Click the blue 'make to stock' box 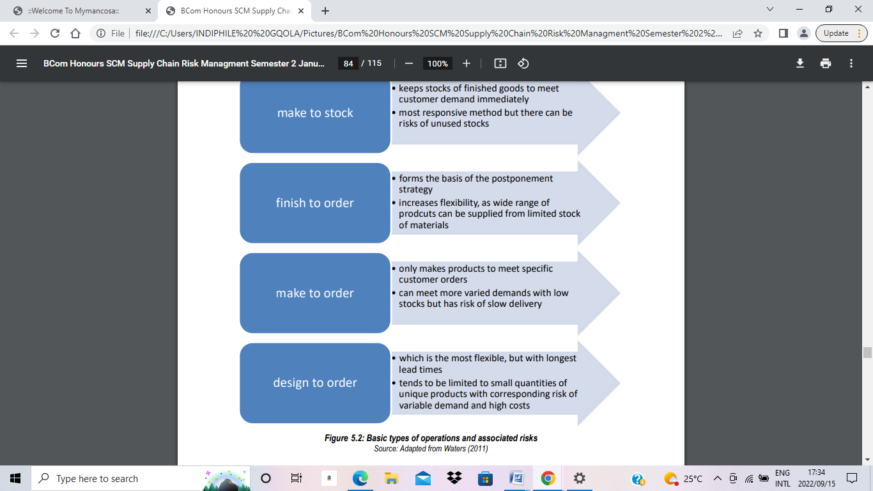pos(314,113)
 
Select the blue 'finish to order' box pos(314,203)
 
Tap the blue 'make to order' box pos(314,293)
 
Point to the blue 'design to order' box pos(314,383)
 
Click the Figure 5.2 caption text pos(431,438)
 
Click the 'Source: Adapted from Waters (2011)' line pos(431,449)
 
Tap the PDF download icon pos(800,63)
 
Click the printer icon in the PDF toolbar pos(826,63)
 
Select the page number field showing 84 pos(348,63)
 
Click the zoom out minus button pos(409,63)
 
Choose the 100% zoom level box pos(438,63)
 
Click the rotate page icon pos(523,63)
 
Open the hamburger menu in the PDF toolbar pos(22,63)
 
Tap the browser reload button pos(55,33)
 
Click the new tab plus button pos(325,11)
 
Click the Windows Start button pos(15,478)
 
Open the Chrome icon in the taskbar pos(547,478)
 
